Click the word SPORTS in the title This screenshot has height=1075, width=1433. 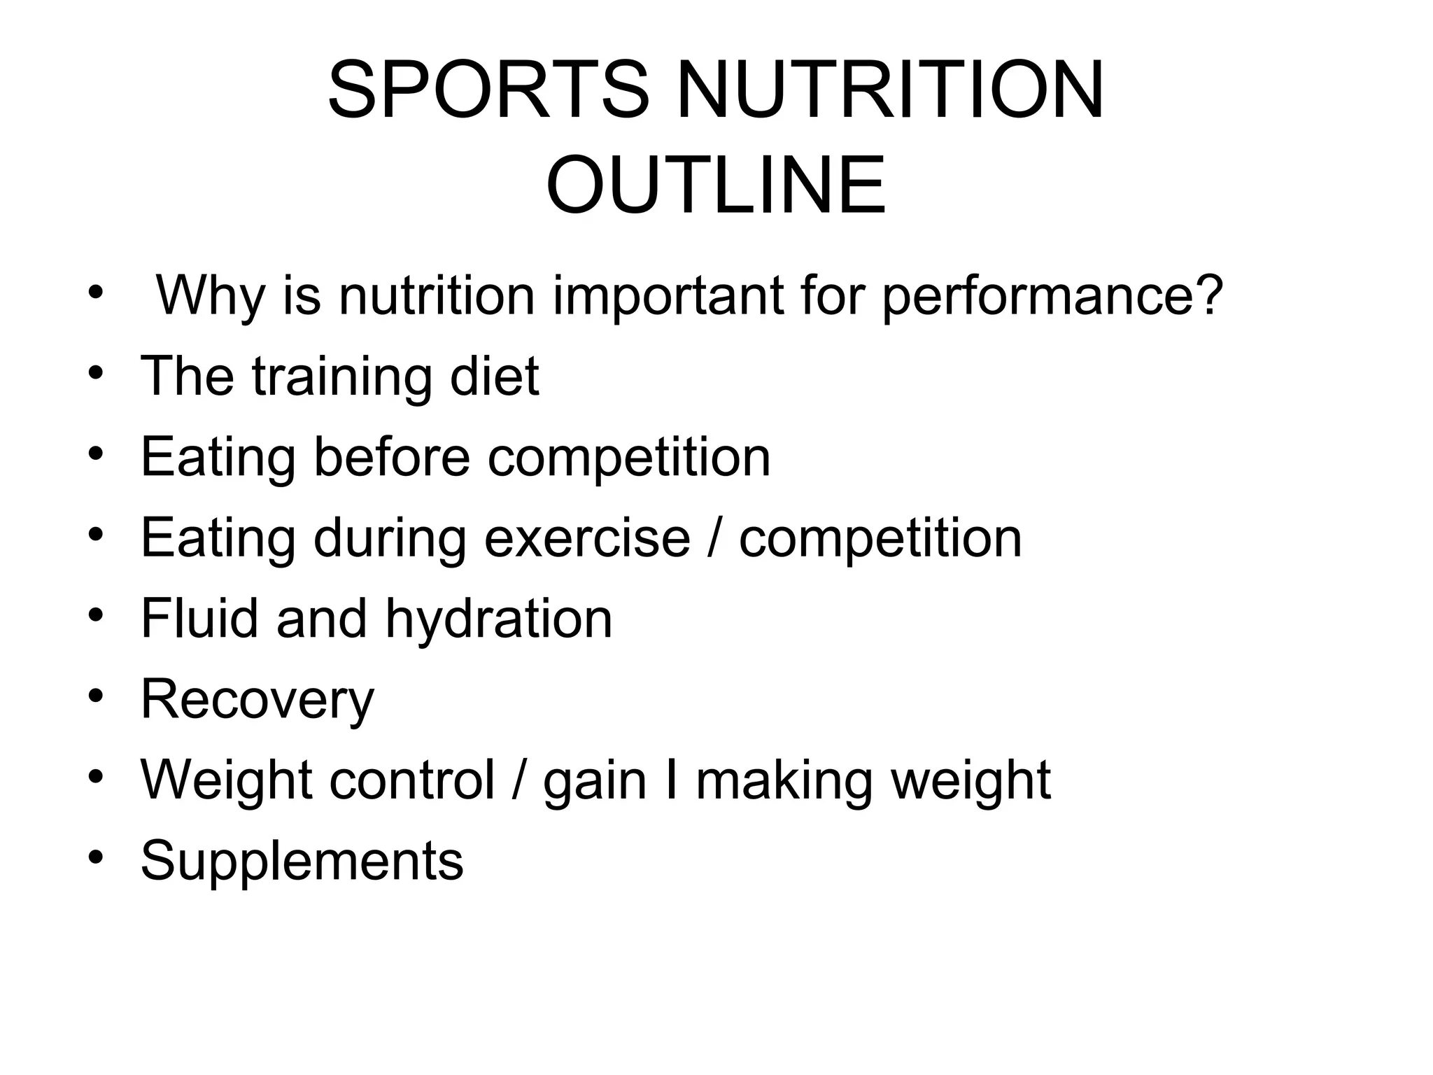[x=488, y=91]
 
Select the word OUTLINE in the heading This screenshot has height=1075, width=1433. [x=716, y=186]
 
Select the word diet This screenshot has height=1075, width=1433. [x=495, y=377]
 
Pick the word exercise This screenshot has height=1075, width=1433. [x=587, y=537]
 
